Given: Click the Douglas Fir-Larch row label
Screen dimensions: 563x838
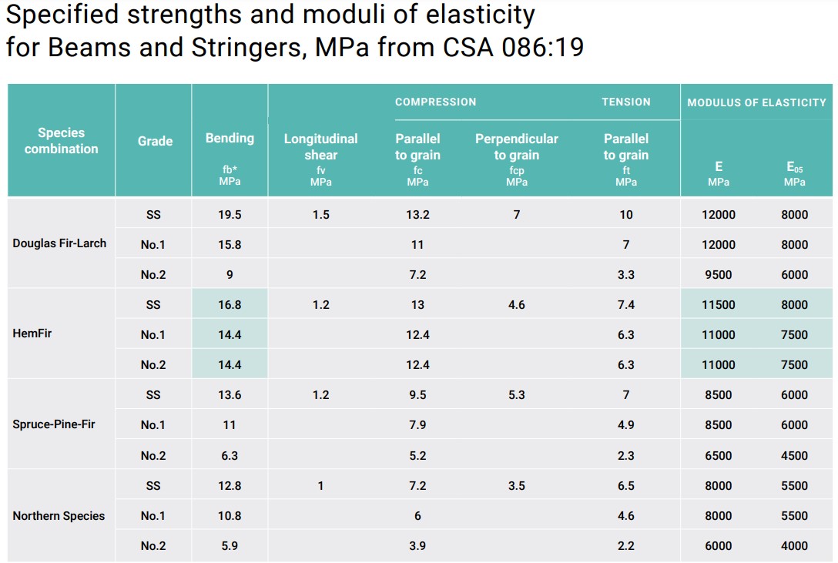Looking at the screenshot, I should (x=59, y=244).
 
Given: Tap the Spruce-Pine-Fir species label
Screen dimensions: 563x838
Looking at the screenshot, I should (x=54, y=424).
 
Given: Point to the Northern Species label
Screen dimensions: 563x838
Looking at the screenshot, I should (x=59, y=516).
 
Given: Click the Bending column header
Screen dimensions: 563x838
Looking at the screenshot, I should (x=230, y=139).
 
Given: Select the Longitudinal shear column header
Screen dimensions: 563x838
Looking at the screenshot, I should (x=320, y=147).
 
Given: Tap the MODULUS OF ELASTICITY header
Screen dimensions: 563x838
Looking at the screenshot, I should (x=756, y=102).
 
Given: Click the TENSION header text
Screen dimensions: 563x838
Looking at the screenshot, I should (x=625, y=102).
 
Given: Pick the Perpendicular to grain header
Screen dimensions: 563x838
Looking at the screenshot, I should (x=516, y=147).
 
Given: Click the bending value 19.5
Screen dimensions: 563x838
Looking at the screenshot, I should (x=230, y=215).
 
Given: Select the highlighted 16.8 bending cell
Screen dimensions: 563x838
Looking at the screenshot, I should (x=230, y=305).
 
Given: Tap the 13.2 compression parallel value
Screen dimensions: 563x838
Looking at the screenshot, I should (x=417, y=215).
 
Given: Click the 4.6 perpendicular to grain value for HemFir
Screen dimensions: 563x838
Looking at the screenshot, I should (x=516, y=305).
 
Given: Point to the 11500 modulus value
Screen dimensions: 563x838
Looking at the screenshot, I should (x=719, y=305).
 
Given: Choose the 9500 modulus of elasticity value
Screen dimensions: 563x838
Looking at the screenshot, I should (x=719, y=275).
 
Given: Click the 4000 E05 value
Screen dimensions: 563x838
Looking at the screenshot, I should (x=794, y=546).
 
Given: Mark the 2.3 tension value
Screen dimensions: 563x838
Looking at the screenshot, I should (x=625, y=456).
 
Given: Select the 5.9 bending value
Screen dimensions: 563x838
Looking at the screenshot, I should (x=230, y=546).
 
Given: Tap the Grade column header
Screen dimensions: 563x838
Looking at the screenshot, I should (x=155, y=141).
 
